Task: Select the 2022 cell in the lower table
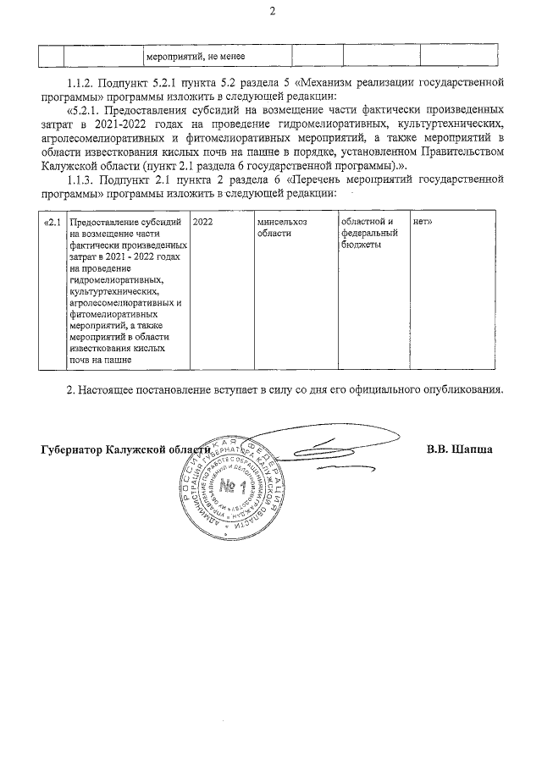click(203, 223)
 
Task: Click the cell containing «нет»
click(423, 223)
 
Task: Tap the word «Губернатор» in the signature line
click(71, 450)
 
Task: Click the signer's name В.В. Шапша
click(460, 449)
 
